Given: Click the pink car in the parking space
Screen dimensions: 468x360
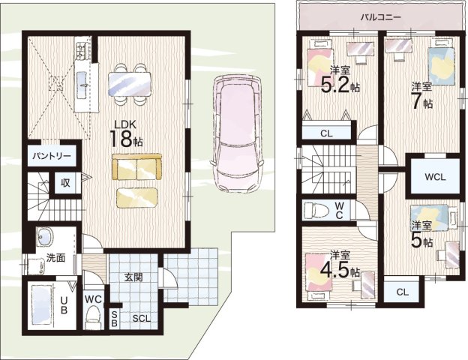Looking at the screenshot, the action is click(237, 133).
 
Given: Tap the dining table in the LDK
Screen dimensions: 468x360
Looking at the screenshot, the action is click(130, 84).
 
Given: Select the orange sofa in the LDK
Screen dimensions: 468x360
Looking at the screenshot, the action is click(137, 166).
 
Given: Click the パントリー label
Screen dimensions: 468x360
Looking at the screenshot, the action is click(52, 156).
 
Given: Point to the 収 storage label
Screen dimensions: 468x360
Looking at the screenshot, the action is click(65, 182).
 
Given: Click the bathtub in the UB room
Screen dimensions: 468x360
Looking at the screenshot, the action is click(41, 304).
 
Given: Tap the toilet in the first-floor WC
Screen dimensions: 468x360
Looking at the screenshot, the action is click(93, 317).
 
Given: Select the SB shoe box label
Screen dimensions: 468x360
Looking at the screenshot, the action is click(114, 318).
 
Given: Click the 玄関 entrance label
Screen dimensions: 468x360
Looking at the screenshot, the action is click(133, 277).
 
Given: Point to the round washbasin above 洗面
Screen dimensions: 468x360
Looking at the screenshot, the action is click(45, 236).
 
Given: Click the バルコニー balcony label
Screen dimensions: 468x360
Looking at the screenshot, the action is click(380, 17).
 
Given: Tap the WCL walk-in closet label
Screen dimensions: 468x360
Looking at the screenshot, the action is click(435, 177).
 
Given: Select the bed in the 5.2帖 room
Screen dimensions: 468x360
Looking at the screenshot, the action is click(319, 64).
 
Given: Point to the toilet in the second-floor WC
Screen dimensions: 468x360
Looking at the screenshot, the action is click(316, 209).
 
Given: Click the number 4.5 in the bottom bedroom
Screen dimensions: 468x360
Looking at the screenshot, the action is click(335, 269).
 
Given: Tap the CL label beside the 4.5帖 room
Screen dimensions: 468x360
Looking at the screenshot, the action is click(402, 292).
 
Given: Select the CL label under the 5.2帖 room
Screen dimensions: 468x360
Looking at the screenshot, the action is click(326, 133).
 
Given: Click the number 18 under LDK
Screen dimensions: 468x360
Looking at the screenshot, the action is click(121, 138).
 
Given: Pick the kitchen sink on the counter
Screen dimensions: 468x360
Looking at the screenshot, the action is click(82, 85).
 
